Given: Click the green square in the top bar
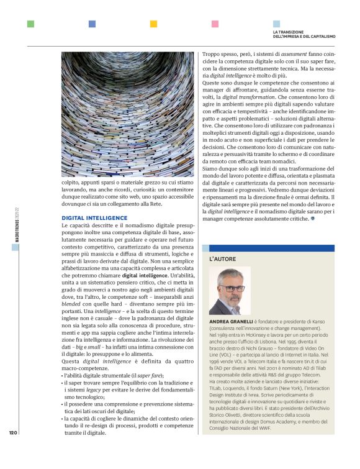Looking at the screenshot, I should [x=30, y=24].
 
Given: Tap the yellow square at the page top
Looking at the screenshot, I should [x=153, y=24].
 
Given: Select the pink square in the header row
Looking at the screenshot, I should [x=215, y=24].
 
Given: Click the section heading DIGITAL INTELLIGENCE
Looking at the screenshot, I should [x=94, y=217].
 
